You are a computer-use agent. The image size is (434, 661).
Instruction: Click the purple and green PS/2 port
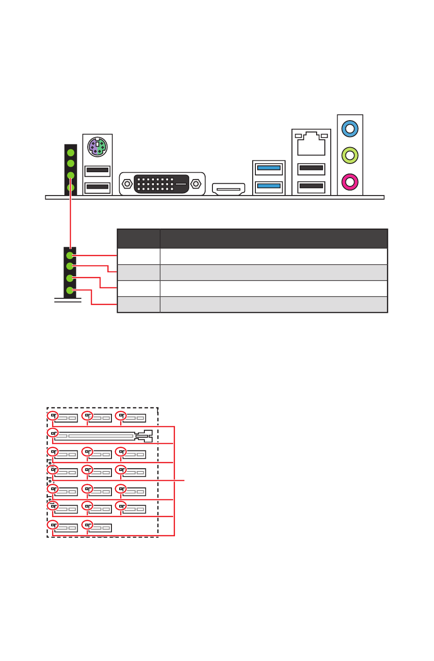pos(97,147)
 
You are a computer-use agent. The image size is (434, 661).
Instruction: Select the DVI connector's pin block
pos(161,183)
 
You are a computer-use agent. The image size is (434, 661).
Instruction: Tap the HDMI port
pos(228,189)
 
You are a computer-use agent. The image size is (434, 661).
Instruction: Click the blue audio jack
pos(350,129)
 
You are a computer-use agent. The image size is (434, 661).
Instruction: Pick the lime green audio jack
pos(350,155)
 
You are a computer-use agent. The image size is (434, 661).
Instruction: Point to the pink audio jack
pos(350,182)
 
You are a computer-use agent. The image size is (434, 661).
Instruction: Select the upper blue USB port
pos(269,168)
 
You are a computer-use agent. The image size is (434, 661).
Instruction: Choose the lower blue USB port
pos(269,186)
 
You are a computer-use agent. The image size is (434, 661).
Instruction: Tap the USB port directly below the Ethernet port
pos(311,169)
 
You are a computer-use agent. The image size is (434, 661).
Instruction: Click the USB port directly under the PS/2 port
pos(97,170)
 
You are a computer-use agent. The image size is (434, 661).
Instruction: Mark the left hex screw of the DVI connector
pos(127,184)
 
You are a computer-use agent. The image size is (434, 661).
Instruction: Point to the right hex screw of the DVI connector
pos(196,184)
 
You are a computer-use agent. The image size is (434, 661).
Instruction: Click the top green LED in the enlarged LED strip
pos(70,255)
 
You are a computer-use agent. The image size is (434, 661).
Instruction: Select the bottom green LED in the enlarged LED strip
pos(70,290)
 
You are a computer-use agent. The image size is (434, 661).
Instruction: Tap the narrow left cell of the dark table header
pos(138,238)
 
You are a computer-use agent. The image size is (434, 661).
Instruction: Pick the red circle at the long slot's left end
pos(53,433)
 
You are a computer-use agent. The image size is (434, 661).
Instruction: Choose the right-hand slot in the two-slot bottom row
pos(100,528)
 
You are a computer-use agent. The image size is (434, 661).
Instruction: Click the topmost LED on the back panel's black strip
pos(71,153)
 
